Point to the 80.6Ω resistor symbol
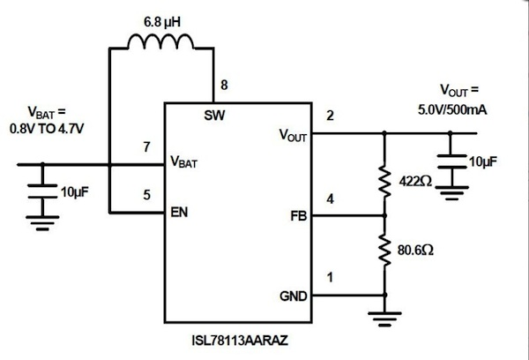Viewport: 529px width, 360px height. pyautogui.click(x=385, y=250)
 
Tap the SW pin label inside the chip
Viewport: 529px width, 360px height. pyautogui.click(x=213, y=115)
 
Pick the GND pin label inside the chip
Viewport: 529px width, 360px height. pyautogui.click(x=294, y=296)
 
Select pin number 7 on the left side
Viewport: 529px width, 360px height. pyautogui.click(x=146, y=146)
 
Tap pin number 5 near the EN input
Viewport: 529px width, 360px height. pyautogui.click(x=146, y=197)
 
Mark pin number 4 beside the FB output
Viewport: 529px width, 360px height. pyautogui.click(x=330, y=199)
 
